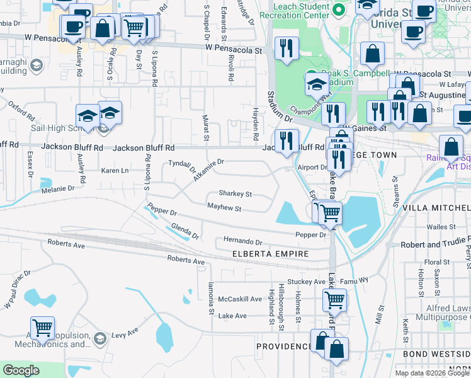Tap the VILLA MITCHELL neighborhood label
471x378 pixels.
pyautogui.click(x=436, y=207)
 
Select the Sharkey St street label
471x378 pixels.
pyautogui.click(x=235, y=194)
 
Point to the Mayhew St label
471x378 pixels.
pyautogui.click(x=225, y=207)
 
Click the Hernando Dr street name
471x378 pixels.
pyautogui.click(x=242, y=241)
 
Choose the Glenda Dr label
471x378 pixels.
pyautogui.click(x=185, y=232)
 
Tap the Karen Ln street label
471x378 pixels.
pyautogui.click(x=115, y=171)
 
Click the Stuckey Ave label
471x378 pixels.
pyautogui.click(x=306, y=282)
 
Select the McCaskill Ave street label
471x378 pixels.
pyautogui.click(x=240, y=299)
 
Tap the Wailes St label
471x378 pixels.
pyautogui.click(x=441, y=227)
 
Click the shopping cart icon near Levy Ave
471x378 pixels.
pyautogui.click(x=42, y=328)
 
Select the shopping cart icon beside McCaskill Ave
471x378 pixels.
pyautogui.click(x=334, y=300)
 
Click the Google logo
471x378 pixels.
pyautogui.click(x=21, y=370)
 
